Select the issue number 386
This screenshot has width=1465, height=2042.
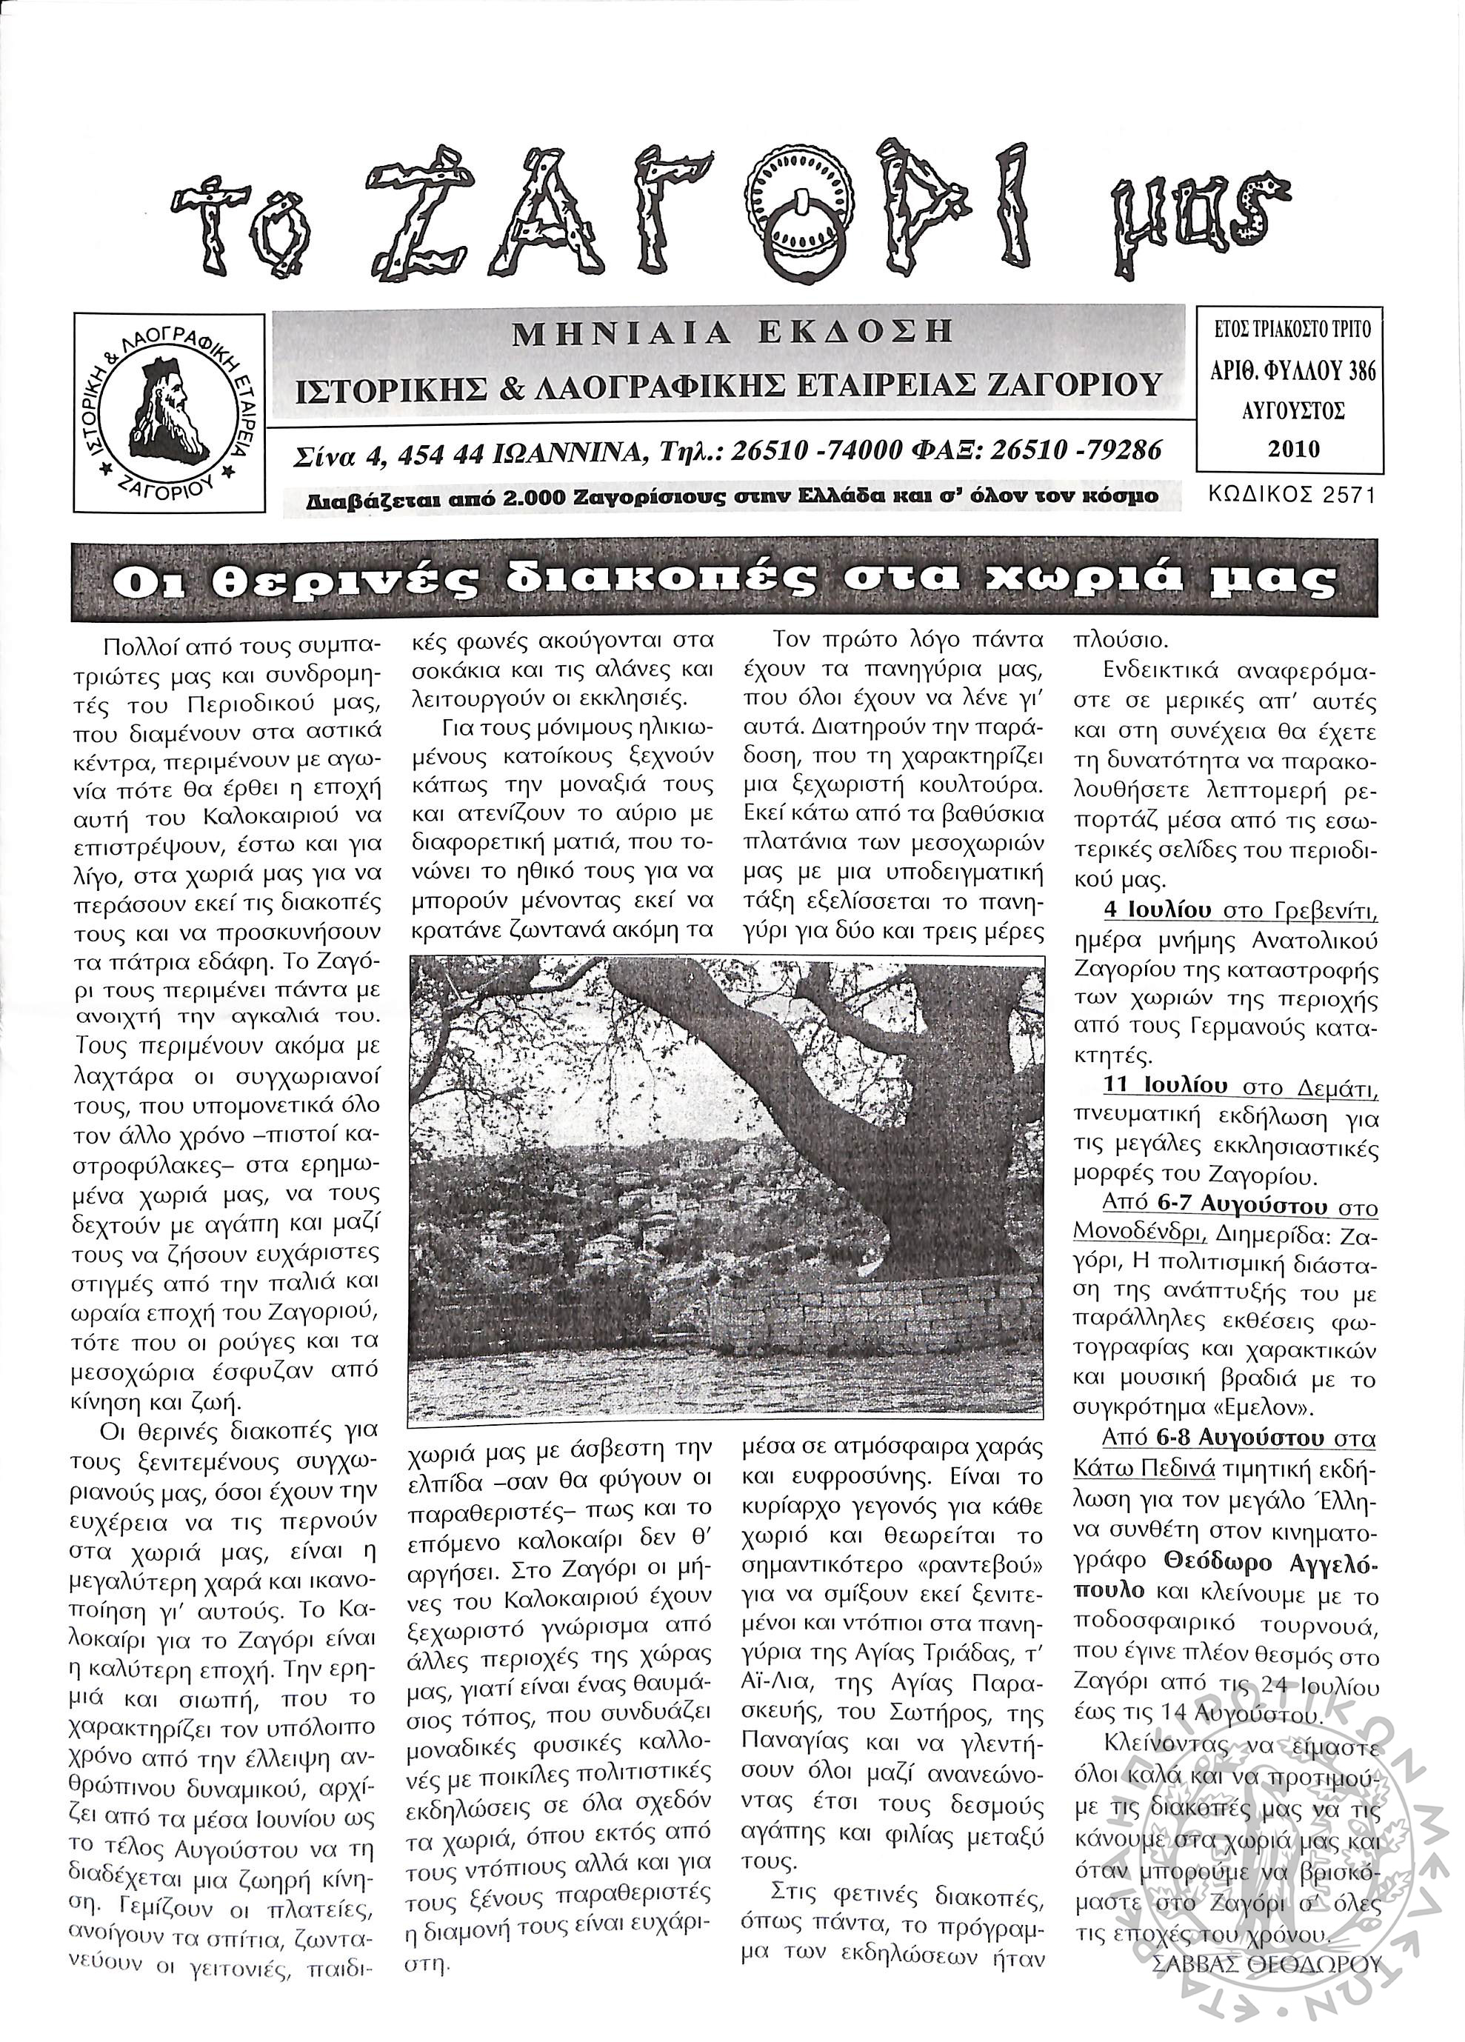point(1357,370)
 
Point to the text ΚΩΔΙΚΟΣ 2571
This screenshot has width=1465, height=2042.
point(1292,496)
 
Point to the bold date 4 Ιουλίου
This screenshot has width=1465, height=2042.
point(1159,911)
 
